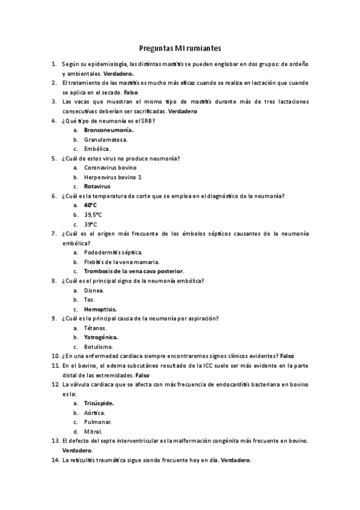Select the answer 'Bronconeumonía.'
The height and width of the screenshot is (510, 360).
pos(109,130)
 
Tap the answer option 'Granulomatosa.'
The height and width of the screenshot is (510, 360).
pos(105,140)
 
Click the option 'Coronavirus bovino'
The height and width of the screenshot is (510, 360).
pos(110,168)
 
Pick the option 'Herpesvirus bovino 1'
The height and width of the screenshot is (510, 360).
pos(113,177)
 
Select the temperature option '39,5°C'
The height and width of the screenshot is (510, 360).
pos(93,215)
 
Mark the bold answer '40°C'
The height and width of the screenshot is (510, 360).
pos(90,205)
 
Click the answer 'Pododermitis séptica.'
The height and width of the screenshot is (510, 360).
pos(114,253)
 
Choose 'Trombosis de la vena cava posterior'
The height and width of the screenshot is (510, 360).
pos(133,271)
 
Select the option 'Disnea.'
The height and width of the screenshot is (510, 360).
pos(94,290)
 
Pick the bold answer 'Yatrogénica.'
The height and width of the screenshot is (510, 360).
pos(101,337)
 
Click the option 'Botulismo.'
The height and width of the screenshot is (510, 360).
pos(99,347)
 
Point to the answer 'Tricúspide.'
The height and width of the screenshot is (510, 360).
pos(99,403)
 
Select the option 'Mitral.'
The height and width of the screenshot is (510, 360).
pos(93,431)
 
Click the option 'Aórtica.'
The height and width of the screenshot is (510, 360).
pos(94,413)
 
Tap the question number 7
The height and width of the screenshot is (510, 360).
pos(54,233)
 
